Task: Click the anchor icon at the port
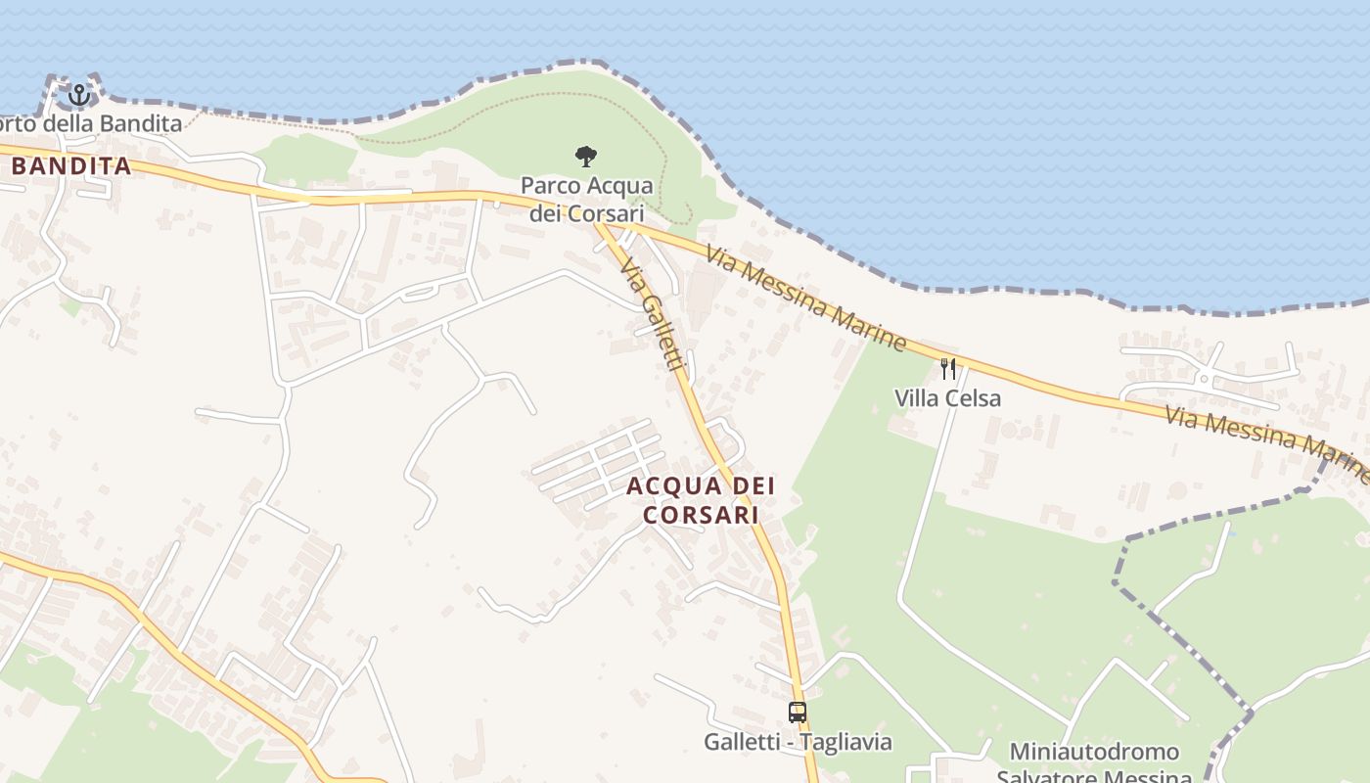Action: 79,95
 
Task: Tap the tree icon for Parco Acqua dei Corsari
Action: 586,156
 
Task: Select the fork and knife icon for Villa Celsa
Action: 947,368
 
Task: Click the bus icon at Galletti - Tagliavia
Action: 798,713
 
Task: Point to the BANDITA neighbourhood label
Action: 71,166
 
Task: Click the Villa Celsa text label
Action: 947,398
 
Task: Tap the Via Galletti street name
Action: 652,314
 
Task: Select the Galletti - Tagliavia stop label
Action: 798,742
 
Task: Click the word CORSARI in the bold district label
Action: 702,514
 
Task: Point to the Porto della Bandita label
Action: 91,123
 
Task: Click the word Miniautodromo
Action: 1094,752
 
